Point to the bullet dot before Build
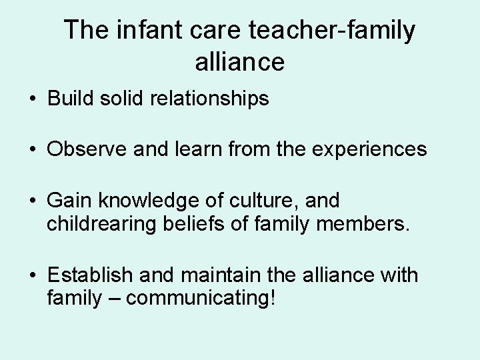click(33, 100)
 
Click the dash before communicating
click(113, 297)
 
